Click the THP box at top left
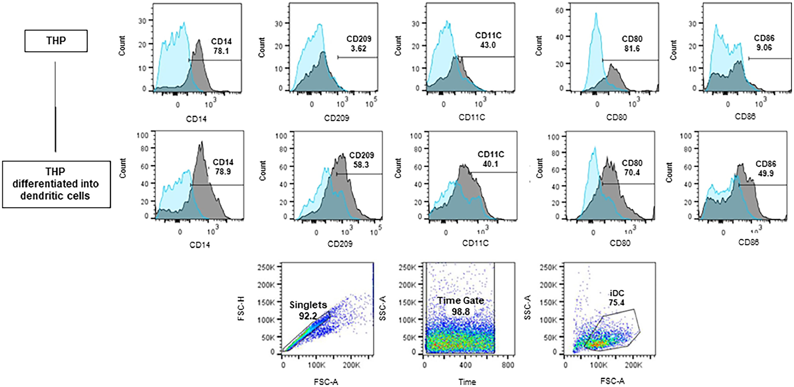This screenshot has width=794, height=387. pos(56,41)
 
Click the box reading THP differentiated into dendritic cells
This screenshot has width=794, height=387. pos(56,184)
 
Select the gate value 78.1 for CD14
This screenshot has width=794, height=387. pos(221,51)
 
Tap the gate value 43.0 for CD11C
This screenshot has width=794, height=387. pos(488,45)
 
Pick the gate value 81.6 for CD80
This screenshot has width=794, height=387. pos(632,48)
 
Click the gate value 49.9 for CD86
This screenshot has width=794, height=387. pos(766,173)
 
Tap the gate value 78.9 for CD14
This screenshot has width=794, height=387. pos(223,171)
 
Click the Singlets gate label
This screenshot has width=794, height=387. pos(308,305)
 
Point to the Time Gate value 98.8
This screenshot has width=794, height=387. pos(460,312)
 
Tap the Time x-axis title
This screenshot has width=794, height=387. pos(467,382)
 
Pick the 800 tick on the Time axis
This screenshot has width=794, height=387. pos(508,365)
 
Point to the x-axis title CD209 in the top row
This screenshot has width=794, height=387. pos(337,118)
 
